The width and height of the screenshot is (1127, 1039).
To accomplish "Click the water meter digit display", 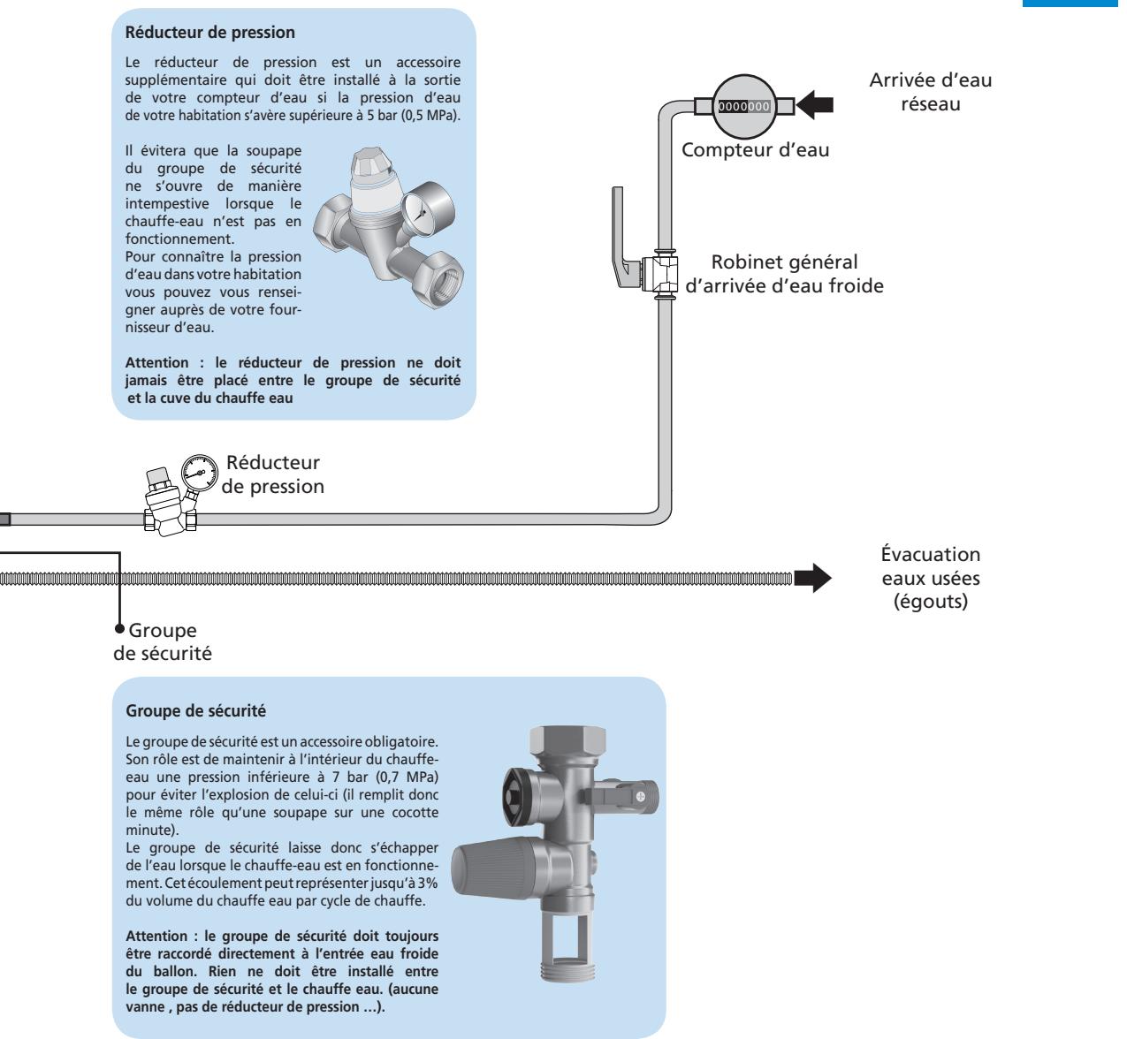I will pos(744,107).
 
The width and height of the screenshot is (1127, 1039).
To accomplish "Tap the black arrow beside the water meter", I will pos(814,107).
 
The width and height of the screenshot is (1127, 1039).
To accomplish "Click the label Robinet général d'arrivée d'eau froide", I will pos(785,273).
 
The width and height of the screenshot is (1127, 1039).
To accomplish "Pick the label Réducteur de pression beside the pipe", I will pos(274,474).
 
